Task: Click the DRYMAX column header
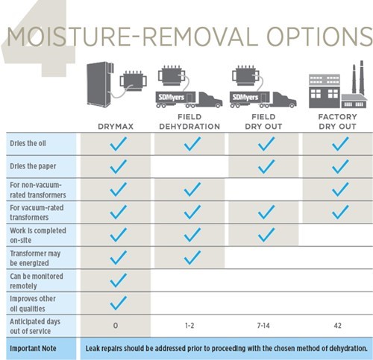click(x=116, y=127)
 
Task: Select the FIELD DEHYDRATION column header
click(x=189, y=121)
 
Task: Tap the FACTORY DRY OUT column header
click(x=337, y=121)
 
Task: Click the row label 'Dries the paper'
click(x=33, y=166)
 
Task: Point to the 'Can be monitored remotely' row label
click(x=37, y=281)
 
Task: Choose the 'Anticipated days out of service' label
click(x=35, y=326)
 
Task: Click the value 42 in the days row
click(x=337, y=326)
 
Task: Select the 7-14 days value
click(x=263, y=326)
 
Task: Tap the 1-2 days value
click(x=189, y=326)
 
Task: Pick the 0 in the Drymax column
click(x=116, y=326)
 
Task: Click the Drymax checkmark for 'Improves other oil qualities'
click(x=118, y=303)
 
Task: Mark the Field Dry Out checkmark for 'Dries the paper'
click(x=266, y=166)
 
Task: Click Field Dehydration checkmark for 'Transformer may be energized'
click(x=192, y=257)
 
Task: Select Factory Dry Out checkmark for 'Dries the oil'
click(x=340, y=144)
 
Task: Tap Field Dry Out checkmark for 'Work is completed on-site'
click(x=266, y=235)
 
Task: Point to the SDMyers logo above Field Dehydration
click(x=172, y=97)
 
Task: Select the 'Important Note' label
click(x=33, y=348)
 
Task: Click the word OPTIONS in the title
click(x=319, y=37)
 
